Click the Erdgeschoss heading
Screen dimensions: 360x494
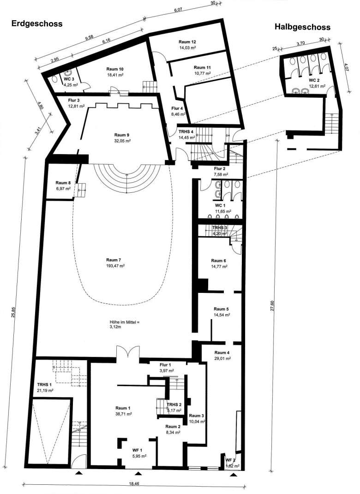click(37, 24)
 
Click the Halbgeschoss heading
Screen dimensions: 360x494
click(302, 27)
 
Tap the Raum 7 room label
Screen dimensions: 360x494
click(114, 260)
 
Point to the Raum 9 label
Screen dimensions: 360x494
click(122, 135)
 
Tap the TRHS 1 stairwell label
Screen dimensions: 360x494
click(44, 385)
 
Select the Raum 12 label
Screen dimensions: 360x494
click(187, 42)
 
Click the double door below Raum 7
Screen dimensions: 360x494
click(127, 352)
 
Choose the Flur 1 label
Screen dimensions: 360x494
click(166, 365)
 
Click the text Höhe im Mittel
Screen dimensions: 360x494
click(124, 322)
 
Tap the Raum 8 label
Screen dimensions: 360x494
click(63, 183)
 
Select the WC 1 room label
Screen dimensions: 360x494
click(220, 205)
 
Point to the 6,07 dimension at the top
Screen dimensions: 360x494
click(179, 11)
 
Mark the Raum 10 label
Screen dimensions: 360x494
click(115, 69)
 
